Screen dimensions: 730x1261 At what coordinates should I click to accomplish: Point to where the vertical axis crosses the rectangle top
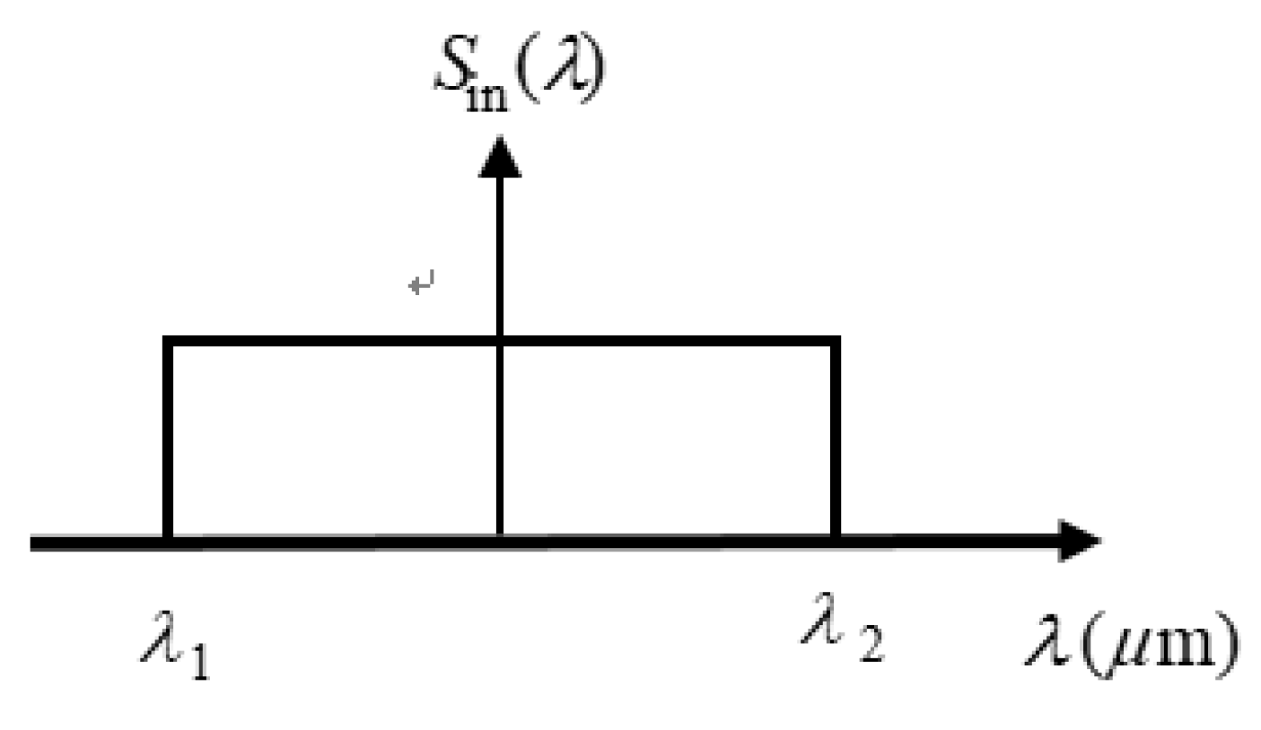pyautogui.click(x=500, y=342)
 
